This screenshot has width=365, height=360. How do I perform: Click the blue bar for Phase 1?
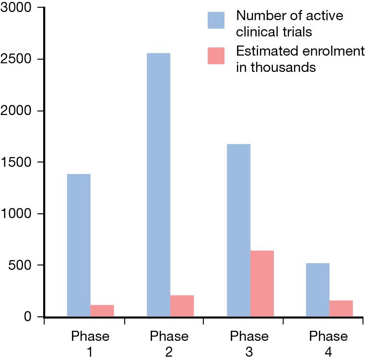(79, 245)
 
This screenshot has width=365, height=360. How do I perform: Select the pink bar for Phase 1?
(102, 311)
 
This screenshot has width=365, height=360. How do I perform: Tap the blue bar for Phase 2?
(158, 185)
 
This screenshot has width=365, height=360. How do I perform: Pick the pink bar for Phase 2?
(182, 306)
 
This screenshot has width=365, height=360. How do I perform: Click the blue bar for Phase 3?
(238, 230)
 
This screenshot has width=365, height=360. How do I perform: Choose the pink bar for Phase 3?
(262, 283)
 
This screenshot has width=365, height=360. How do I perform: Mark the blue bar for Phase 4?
(318, 290)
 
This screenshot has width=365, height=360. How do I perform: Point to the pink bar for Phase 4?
(341, 308)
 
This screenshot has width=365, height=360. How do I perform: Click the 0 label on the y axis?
(28, 317)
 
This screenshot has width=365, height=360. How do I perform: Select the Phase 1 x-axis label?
(90, 344)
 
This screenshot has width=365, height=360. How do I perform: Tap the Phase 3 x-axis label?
(249, 344)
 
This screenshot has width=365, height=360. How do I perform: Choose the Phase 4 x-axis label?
(329, 344)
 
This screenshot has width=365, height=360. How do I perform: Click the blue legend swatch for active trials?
(216, 21)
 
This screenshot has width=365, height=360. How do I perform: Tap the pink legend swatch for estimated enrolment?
(216, 56)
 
